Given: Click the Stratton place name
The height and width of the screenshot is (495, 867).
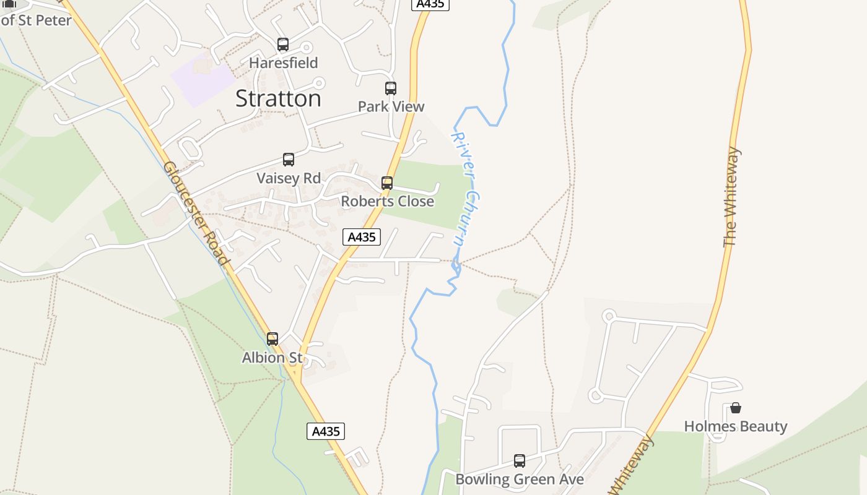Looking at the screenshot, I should [x=278, y=99].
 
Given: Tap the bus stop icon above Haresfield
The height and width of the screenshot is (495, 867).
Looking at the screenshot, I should [x=283, y=45].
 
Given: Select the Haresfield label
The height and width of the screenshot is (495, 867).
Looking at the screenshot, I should [x=283, y=62].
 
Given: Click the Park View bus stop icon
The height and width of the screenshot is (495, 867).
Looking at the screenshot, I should [x=391, y=88].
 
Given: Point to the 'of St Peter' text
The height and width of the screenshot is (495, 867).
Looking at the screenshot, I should [x=37, y=20].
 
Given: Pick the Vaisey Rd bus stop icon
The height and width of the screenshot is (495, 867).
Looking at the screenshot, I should [x=289, y=160].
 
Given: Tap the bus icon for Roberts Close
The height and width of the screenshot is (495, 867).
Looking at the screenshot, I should [x=387, y=183].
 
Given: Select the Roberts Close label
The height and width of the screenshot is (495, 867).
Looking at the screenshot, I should [x=387, y=201].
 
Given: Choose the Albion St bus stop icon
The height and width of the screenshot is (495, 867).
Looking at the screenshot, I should [x=272, y=339].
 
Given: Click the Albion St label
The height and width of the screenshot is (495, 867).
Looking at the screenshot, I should [x=272, y=358].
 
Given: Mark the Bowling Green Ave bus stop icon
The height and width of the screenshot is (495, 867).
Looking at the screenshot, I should [x=520, y=461].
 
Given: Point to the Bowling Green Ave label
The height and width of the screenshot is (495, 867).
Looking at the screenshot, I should [x=520, y=480].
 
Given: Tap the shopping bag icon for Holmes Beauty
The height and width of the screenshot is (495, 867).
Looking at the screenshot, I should [x=736, y=408].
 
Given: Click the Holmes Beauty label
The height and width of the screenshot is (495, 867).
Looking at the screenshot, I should [x=736, y=426].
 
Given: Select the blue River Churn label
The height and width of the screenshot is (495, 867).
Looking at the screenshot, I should [x=467, y=189].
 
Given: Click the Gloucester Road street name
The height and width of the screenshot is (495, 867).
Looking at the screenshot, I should [x=196, y=213].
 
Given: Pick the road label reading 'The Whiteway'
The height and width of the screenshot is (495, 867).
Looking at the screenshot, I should [x=731, y=197].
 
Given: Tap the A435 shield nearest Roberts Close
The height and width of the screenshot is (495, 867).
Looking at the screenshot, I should [x=362, y=237].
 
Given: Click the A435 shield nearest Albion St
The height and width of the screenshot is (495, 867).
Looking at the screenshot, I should [x=326, y=431].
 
